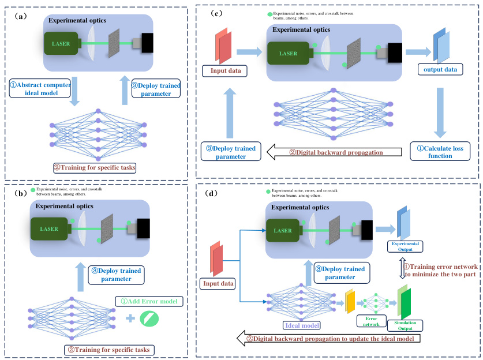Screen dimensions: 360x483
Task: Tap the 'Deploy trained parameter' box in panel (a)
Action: coord(156,89)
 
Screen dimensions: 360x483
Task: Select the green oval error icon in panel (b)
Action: coord(149,318)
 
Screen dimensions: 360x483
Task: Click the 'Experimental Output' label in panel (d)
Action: coord(405,246)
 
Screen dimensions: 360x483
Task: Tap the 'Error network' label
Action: coord(368,320)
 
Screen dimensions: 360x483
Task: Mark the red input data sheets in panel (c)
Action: coord(224,46)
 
